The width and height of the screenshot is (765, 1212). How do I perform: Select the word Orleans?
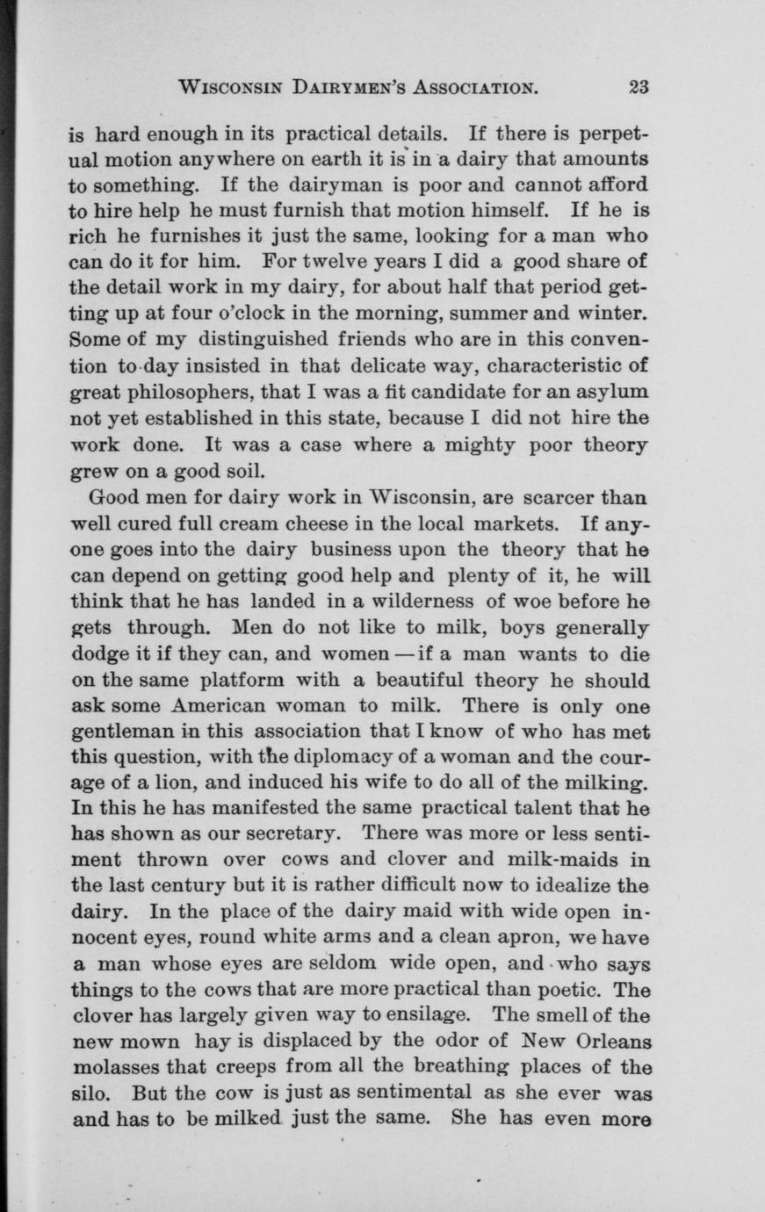coord(607,1042)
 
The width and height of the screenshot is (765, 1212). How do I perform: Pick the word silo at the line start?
coord(88,1094)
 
